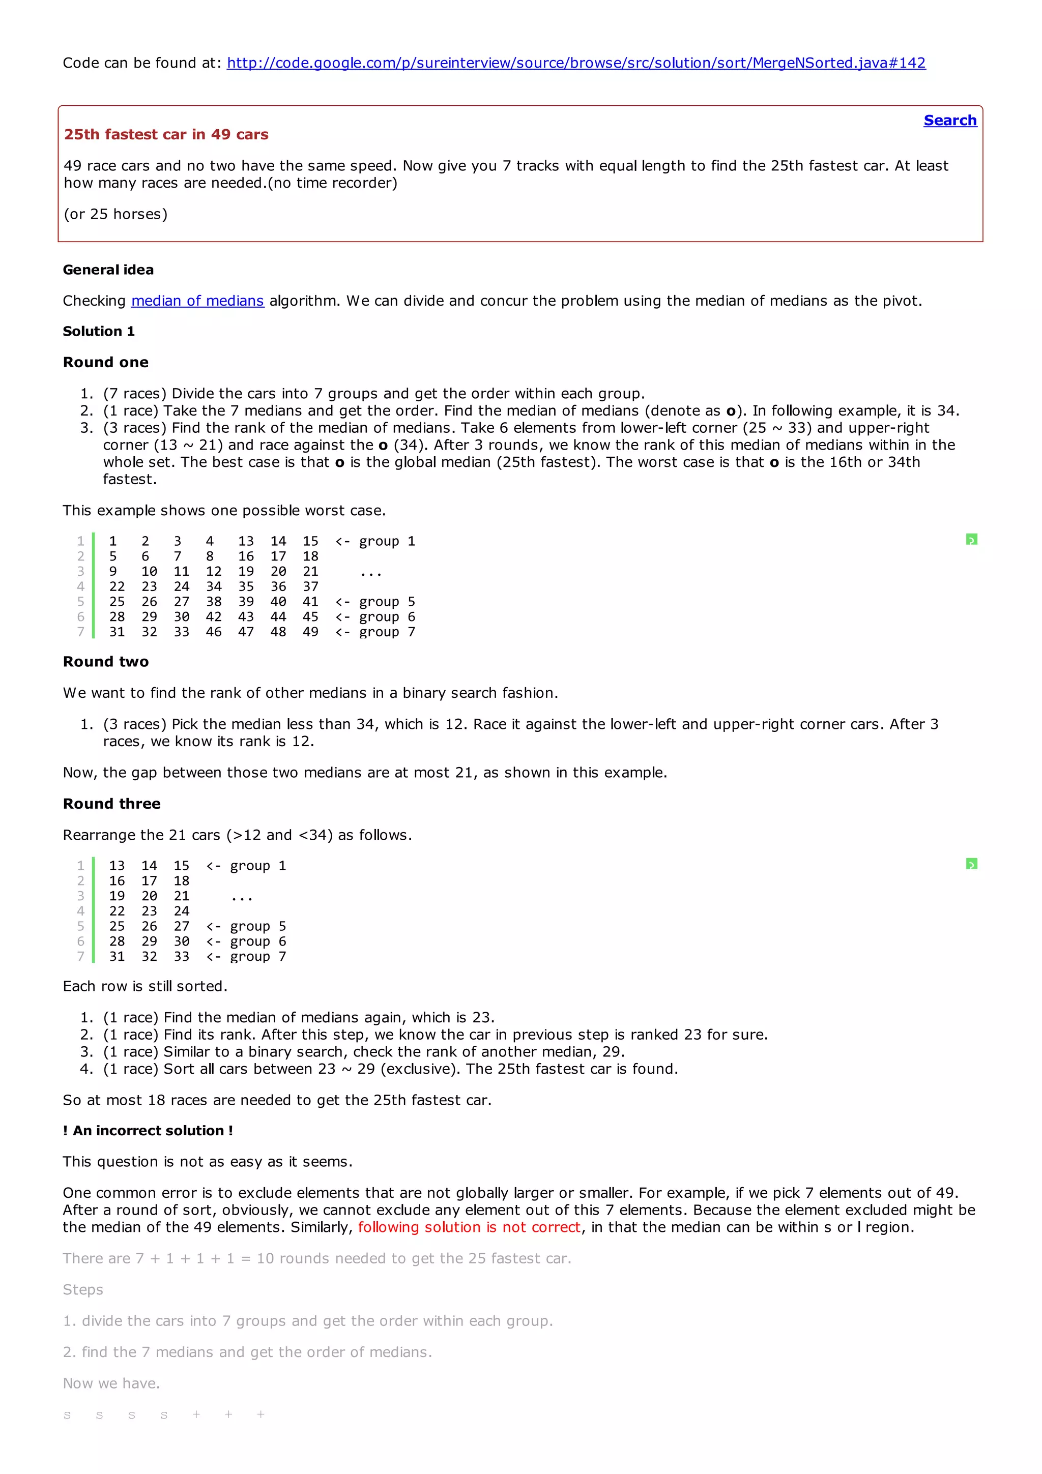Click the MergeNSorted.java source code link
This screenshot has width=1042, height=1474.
pyautogui.click(x=576, y=63)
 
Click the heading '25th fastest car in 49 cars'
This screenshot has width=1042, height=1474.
pyautogui.click(x=166, y=134)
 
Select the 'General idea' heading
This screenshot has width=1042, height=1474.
pyautogui.click(x=108, y=270)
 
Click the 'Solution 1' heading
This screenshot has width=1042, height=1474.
pyautogui.click(x=99, y=331)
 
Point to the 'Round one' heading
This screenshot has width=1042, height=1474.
pyautogui.click(x=105, y=362)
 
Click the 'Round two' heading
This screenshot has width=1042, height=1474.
pyautogui.click(x=105, y=662)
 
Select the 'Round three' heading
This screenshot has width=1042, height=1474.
pyautogui.click(x=112, y=804)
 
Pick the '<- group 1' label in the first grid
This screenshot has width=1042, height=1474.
pyautogui.click(x=375, y=541)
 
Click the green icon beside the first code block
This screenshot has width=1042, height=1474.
pyautogui.click(x=971, y=540)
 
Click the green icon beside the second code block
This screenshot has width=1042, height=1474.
pyautogui.click(x=971, y=864)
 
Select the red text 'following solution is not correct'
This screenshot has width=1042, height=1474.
pyautogui.click(x=469, y=1227)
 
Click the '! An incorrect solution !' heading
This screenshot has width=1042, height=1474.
pyautogui.click(x=148, y=1131)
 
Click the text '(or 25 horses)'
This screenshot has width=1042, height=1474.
pyautogui.click(x=115, y=214)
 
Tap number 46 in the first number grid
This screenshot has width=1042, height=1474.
pyautogui.click(x=214, y=632)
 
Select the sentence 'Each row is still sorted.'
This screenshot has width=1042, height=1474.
pyautogui.click(x=145, y=986)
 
